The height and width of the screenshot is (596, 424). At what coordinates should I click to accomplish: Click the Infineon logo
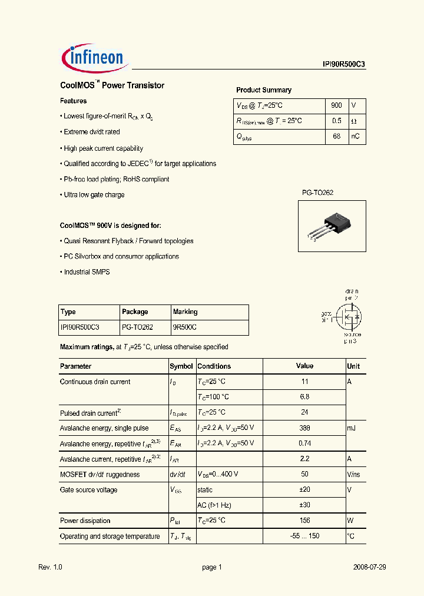point(92,58)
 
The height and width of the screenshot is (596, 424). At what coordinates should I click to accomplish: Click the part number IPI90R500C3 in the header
point(344,65)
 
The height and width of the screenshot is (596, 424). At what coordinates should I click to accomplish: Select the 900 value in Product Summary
point(336,105)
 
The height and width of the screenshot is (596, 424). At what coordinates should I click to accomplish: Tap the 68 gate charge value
point(336,137)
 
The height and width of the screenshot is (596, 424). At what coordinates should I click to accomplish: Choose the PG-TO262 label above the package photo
point(318,193)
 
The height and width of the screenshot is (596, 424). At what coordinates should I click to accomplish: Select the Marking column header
point(185,312)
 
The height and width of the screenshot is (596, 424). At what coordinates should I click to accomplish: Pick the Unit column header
point(353,366)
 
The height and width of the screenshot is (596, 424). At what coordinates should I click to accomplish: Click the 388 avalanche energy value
point(304,428)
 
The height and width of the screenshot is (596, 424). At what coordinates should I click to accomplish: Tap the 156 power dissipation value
point(304,521)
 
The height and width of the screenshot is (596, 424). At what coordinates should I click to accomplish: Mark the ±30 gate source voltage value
point(304,505)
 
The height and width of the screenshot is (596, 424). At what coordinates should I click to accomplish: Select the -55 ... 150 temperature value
point(304,536)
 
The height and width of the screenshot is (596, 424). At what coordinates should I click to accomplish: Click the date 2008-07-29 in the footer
point(369,567)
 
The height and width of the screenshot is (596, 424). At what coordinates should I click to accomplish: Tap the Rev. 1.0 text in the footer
point(50,567)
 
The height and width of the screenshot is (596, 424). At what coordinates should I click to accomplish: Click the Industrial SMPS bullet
point(87,272)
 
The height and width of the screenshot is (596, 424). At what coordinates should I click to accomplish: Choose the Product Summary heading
point(264,90)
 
